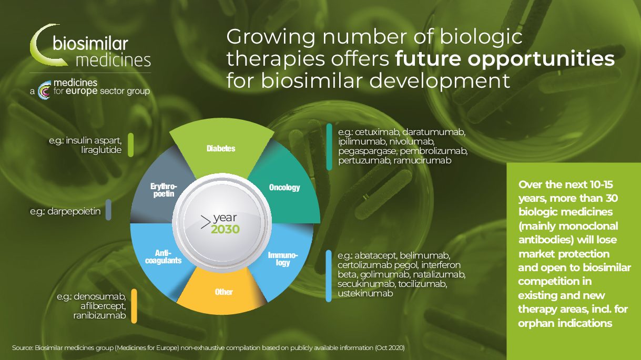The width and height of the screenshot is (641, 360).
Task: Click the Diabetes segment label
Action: [221, 148]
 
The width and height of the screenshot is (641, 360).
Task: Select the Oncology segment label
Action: [284, 188]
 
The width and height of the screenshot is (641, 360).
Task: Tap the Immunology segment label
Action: [283, 259]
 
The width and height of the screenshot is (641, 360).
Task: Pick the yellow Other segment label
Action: [224, 292]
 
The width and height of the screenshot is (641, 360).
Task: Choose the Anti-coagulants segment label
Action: [163, 256]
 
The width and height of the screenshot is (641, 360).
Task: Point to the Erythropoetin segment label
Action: [164, 190]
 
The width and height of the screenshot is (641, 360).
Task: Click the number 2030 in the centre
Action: [226, 229]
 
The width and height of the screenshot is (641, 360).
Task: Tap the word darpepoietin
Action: [74, 212]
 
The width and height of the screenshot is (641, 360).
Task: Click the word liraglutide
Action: [101, 150]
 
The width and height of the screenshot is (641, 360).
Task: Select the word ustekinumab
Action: [365, 293]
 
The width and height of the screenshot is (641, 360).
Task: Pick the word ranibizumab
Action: [99, 316]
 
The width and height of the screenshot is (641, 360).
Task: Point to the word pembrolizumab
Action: [433, 151]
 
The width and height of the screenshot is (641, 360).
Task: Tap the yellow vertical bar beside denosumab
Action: [134, 306]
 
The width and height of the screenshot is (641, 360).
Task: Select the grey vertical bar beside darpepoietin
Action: [108, 210]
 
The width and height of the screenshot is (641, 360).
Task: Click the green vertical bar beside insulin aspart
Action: [130, 145]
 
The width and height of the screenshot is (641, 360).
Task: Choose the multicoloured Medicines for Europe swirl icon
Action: [44, 90]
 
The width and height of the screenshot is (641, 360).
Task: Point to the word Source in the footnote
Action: [22, 348]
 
